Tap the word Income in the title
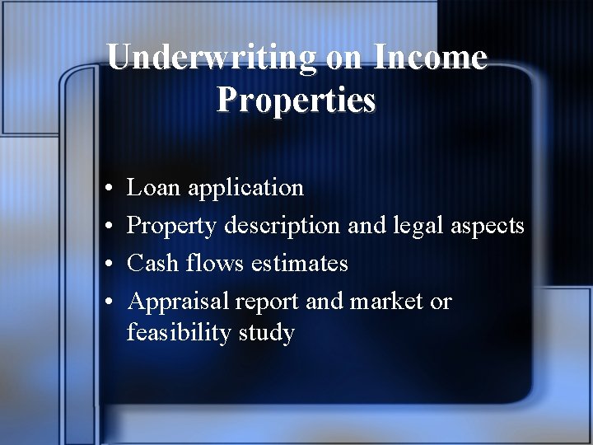tap(430, 57)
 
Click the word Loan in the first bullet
tap(154, 188)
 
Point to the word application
tap(245, 189)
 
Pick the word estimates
tap(300, 264)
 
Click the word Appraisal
tap(178, 302)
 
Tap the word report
tap(268, 302)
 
